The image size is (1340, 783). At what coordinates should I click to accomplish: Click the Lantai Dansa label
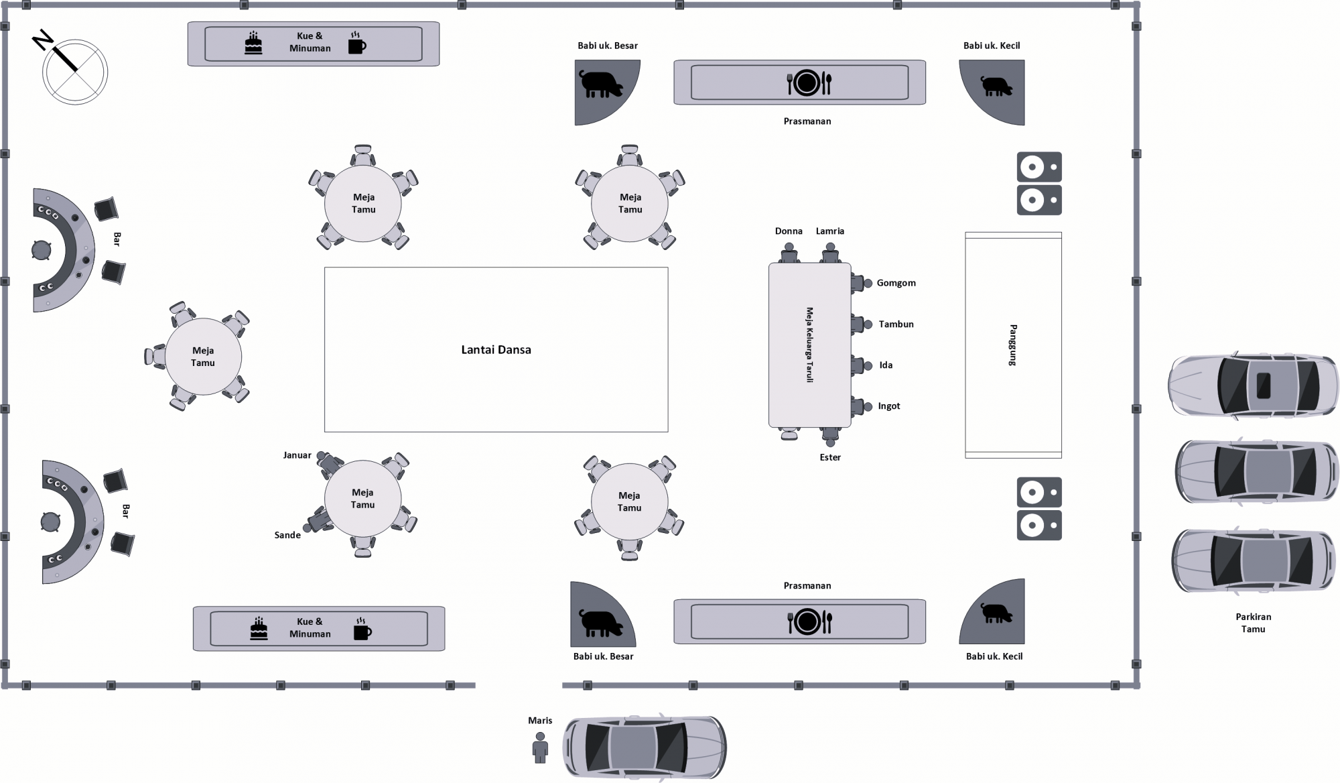496,350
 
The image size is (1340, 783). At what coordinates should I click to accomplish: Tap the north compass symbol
74,71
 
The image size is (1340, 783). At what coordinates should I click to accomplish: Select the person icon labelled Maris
540,747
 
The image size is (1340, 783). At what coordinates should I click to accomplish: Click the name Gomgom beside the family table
896,284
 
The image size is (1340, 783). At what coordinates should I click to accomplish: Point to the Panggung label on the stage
1013,345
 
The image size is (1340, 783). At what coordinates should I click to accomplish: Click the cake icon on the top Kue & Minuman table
253,44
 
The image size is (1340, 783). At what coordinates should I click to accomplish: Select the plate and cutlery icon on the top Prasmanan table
808,82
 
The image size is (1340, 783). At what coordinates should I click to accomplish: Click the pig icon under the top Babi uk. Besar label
601,84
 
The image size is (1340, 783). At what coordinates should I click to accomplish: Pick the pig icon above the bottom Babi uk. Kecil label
996,613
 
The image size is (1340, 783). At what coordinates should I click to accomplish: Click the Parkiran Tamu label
1253,623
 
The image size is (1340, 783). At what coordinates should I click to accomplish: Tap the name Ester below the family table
830,457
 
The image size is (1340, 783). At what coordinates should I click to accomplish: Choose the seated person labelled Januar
328,462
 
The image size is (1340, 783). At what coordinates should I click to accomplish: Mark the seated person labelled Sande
318,522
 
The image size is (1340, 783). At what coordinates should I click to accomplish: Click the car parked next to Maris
644,746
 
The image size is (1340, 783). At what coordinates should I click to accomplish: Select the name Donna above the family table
789,231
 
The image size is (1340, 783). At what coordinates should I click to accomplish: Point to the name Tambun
896,324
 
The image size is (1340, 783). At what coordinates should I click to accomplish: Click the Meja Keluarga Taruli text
809,345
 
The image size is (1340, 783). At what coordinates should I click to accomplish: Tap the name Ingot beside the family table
889,406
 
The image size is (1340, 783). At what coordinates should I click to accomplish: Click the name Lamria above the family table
830,231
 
